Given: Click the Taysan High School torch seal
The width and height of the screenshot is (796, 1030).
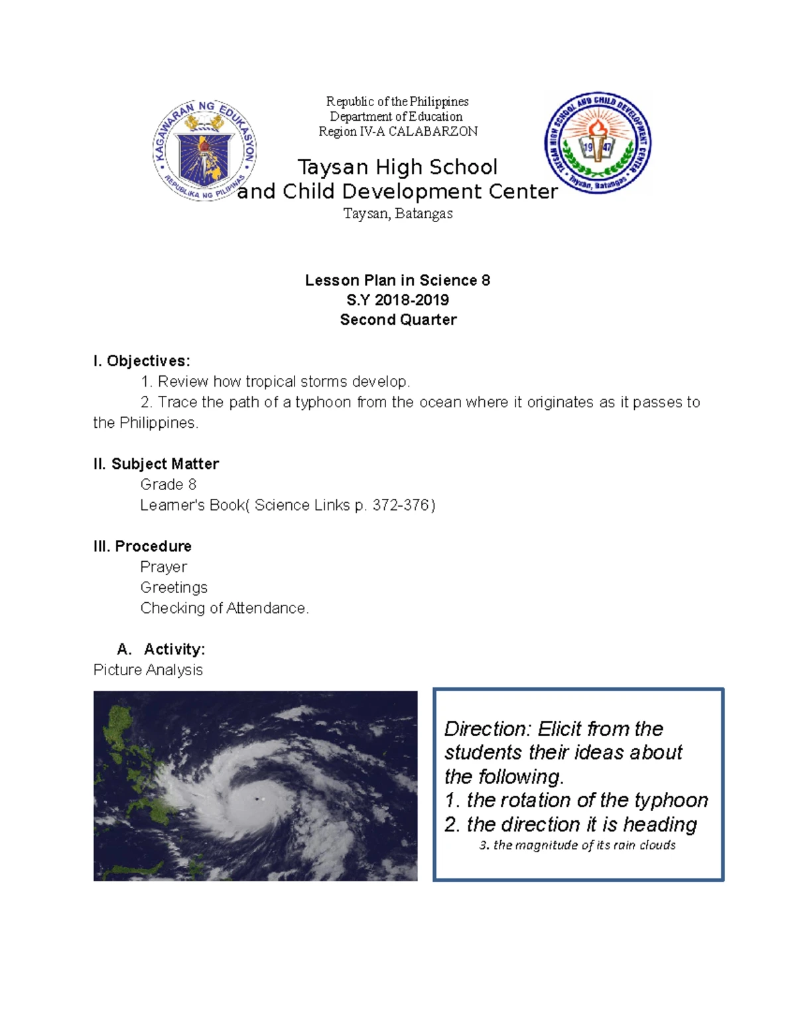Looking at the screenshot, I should [598, 143].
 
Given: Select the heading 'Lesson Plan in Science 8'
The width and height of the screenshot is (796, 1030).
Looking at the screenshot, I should [397, 280].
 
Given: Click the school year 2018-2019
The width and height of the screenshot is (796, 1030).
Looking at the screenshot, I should [411, 300].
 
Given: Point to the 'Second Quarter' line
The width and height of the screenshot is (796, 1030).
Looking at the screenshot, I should [398, 320].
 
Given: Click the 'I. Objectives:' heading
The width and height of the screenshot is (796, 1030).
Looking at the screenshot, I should [141, 361].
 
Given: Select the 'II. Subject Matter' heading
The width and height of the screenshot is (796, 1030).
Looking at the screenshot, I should [156, 464].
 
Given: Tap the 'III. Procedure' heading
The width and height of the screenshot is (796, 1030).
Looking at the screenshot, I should [143, 546].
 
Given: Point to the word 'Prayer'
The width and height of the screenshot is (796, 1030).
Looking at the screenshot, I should [163, 567].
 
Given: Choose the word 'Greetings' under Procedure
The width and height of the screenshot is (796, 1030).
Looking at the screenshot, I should [174, 588].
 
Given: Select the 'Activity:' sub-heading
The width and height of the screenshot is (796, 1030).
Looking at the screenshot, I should [174, 649].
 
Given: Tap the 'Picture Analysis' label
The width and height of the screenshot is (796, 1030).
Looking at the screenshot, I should [148, 670].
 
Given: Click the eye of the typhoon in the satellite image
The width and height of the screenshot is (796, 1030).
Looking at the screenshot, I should [257, 799].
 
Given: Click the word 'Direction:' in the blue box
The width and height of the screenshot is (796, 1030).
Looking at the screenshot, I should [488, 729].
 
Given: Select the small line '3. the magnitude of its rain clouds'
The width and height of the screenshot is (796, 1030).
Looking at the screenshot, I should [577, 845].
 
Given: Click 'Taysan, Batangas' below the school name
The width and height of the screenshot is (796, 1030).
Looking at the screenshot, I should [398, 214].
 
